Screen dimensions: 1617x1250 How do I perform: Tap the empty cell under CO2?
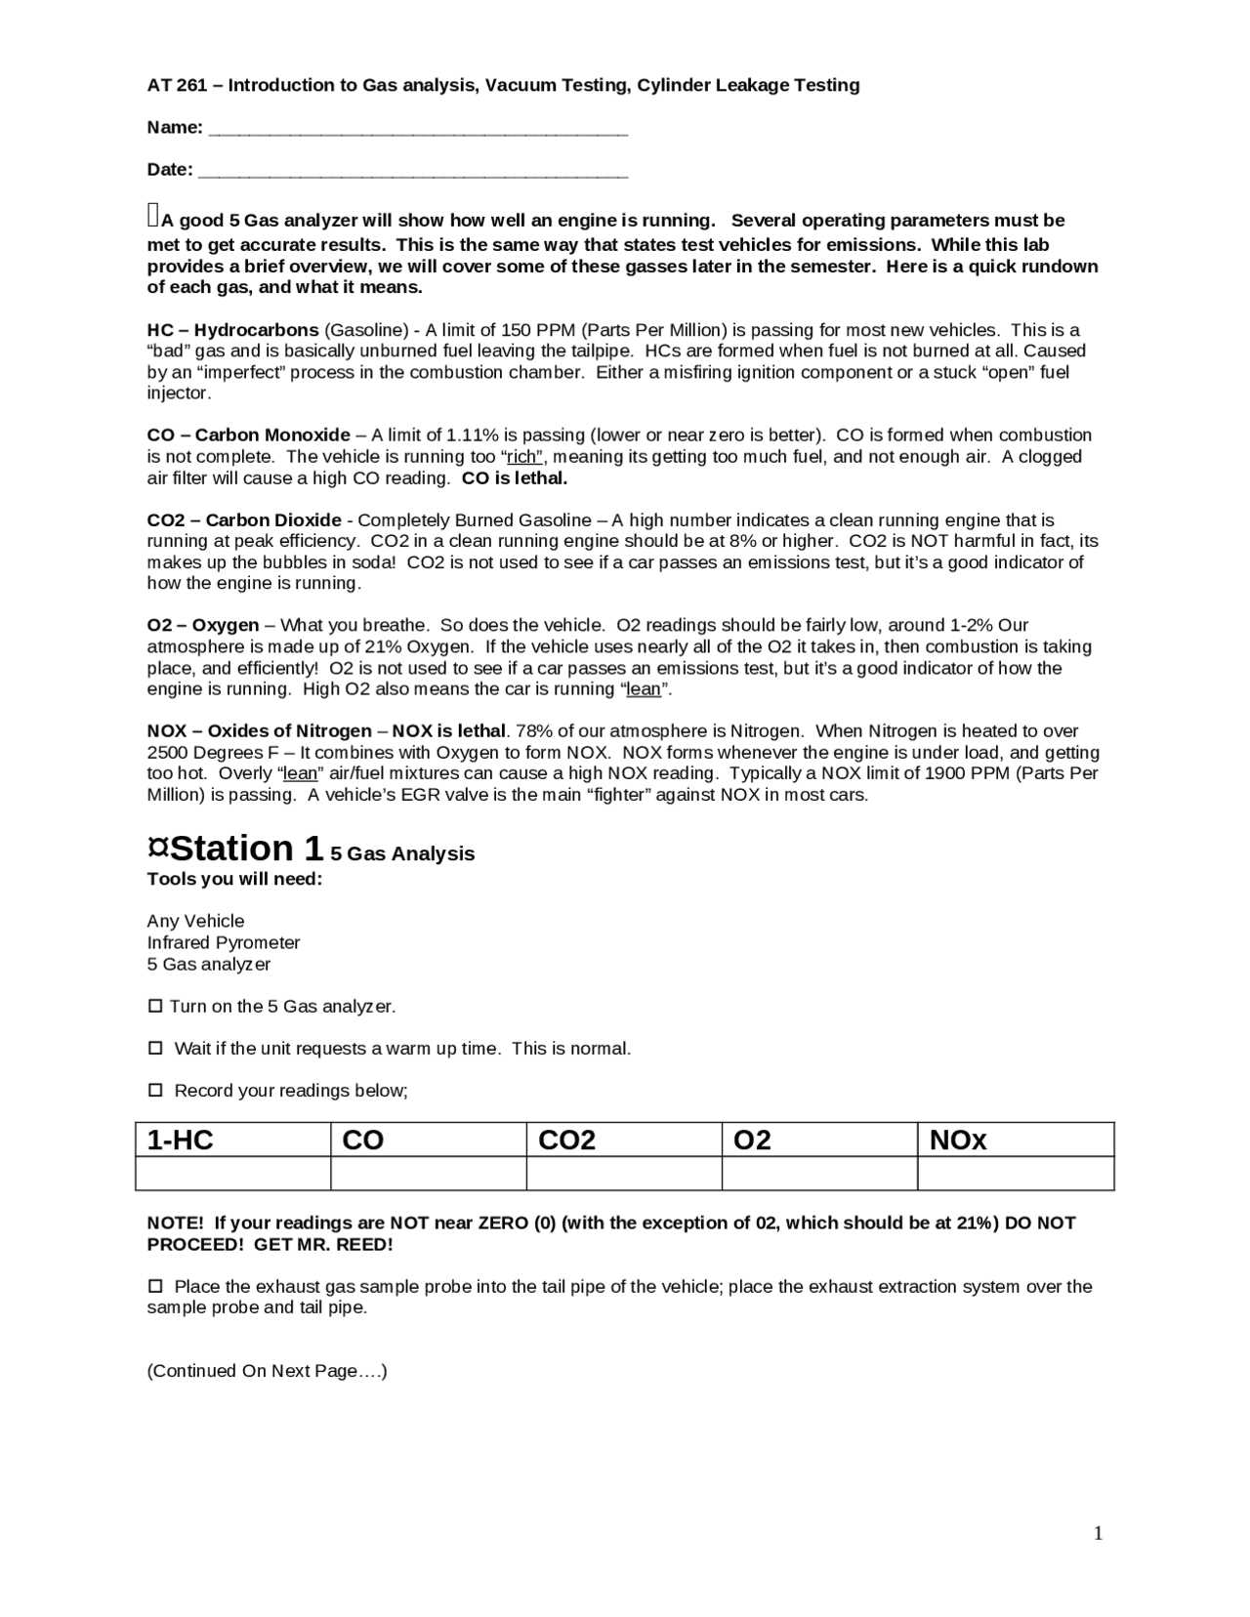pos(624,1173)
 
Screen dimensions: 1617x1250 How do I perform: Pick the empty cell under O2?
pos(819,1173)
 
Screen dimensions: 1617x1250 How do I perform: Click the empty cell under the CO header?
pos(429,1173)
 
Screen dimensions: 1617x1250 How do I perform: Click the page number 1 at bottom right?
pos(1098,1534)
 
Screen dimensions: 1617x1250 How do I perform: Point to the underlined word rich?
pos(522,457)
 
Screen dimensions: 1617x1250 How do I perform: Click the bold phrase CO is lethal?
pos(515,478)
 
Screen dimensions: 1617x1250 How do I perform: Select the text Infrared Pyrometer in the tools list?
pos(224,942)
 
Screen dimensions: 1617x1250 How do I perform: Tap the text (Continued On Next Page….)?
pos(267,1371)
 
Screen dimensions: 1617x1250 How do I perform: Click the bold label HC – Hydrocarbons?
pos(232,330)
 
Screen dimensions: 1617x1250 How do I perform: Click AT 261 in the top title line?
pos(172,85)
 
